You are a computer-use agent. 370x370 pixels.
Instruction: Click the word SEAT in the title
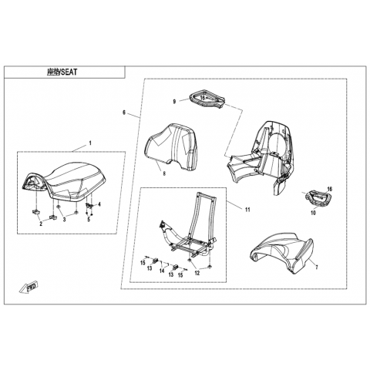(x=69, y=72)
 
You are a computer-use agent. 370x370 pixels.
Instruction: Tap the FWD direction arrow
(x=29, y=286)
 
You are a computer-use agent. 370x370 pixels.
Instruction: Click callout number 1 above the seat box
(x=90, y=143)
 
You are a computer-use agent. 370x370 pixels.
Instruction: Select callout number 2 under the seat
(x=41, y=224)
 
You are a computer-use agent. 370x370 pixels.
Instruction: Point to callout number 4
(x=99, y=204)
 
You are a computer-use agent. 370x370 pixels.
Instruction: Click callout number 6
(x=124, y=113)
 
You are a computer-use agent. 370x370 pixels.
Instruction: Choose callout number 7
(x=317, y=267)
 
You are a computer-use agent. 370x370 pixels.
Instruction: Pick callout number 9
(x=174, y=102)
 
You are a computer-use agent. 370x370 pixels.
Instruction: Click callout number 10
(x=313, y=213)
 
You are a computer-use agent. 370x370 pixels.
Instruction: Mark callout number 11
(x=247, y=210)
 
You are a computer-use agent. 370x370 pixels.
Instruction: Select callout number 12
(x=197, y=273)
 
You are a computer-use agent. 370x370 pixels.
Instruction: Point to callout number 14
(x=162, y=271)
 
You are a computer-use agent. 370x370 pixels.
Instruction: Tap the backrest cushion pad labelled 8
(x=171, y=146)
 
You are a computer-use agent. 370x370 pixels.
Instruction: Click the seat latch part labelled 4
(x=89, y=205)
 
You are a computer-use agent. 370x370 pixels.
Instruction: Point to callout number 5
(x=89, y=220)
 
